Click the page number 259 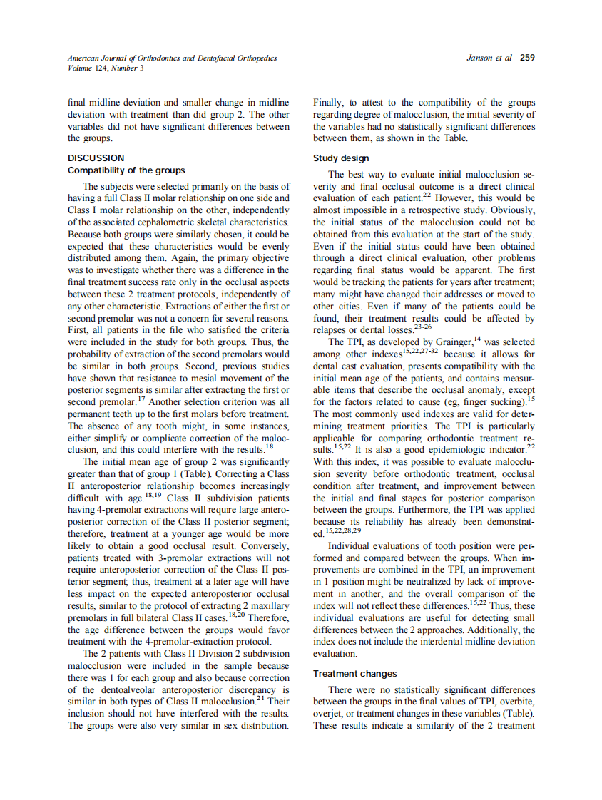point(527,58)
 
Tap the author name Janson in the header point(480,58)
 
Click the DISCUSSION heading point(96,158)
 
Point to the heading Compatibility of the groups point(126,170)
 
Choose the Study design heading point(341,158)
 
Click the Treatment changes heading point(354,673)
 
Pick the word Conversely point(264,544)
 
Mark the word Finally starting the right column point(329,103)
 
